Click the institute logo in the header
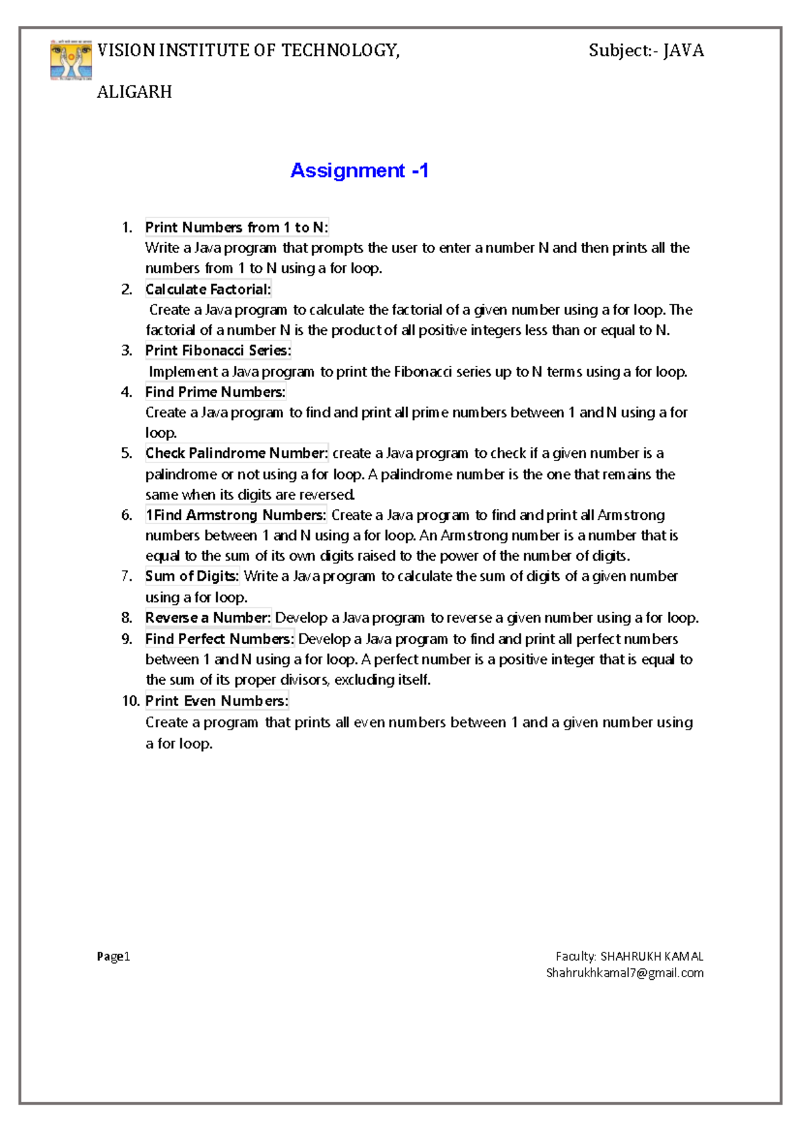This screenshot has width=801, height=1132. pyautogui.click(x=71, y=60)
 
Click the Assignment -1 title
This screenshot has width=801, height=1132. pyautogui.click(x=359, y=171)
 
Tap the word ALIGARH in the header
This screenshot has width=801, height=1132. pyautogui.click(x=134, y=92)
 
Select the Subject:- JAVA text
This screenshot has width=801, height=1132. pyautogui.click(x=645, y=51)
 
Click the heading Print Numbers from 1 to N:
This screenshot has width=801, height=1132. pyautogui.click(x=236, y=228)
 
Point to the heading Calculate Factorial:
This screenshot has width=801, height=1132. pyautogui.click(x=208, y=289)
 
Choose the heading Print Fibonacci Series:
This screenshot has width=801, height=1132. pyautogui.click(x=218, y=350)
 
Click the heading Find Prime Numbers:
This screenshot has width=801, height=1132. pyautogui.click(x=215, y=392)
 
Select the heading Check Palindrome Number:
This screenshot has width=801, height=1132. pyautogui.click(x=236, y=453)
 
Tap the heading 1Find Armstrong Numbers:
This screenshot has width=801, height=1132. pyautogui.click(x=236, y=515)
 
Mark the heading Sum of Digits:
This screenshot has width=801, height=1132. pyautogui.click(x=192, y=576)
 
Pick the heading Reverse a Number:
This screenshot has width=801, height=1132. pyautogui.click(x=208, y=618)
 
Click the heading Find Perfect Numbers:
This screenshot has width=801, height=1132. pyautogui.click(x=220, y=639)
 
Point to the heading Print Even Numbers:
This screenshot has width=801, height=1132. pyautogui.click(x=217, y=701)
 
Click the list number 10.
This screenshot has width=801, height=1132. pyautogui.click(x=130, y=701)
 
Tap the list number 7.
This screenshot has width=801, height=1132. pyautogui.click(x=127, y=576)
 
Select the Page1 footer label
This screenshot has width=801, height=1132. pyautogui.click(x=113, y=956)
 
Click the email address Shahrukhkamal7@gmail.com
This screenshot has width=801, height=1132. pyautogui.click(x=625, y=973)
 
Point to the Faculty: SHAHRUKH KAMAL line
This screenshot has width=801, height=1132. pyautogui.click(x=629, y=956)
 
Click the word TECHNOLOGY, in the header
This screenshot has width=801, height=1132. pyautogui.click(x=340, y=51)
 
